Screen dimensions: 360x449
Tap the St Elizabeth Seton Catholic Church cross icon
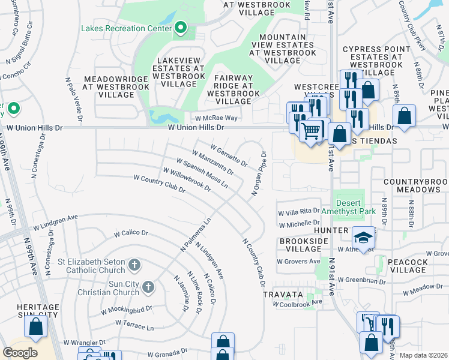[134, 264]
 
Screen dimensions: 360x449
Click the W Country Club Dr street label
[159, 182]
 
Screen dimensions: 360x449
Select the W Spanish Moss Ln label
[202, 173]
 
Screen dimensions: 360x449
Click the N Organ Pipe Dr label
[258, 172]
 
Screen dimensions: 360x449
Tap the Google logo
[20, 352]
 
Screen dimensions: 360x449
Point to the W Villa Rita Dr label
[298, 212]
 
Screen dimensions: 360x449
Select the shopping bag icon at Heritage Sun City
[36, 327]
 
